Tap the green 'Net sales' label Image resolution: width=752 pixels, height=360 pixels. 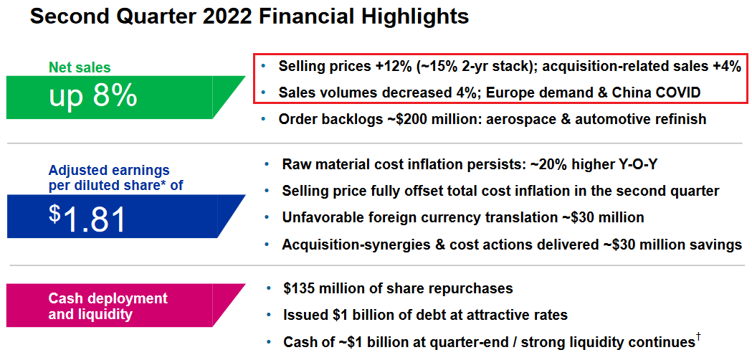click(80, 67)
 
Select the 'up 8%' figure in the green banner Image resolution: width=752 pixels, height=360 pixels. click(93, 96)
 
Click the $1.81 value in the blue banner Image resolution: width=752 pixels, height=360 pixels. click(87, 219)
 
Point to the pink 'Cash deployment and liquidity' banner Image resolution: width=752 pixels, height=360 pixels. click(125, 305)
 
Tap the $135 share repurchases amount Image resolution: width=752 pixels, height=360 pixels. click(300, 289)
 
